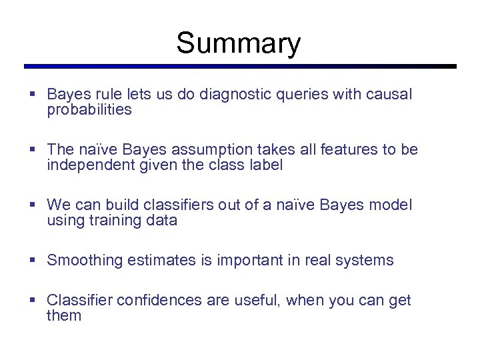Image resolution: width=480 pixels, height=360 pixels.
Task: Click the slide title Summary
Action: coord(239,44)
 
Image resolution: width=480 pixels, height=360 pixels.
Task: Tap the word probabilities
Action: coord(89,111)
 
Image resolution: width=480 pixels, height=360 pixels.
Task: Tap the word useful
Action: coord(257,300)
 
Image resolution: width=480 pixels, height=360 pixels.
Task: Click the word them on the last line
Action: coord(64,316)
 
